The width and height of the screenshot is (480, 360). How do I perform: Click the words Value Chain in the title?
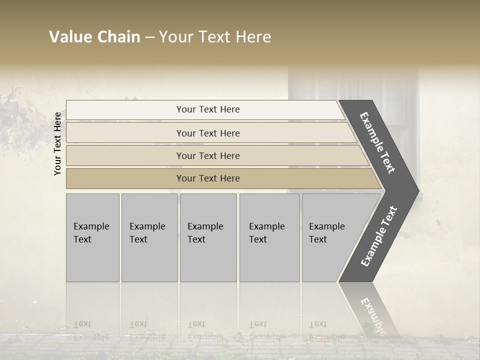94,37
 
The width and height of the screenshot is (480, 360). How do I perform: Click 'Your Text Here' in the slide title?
215,37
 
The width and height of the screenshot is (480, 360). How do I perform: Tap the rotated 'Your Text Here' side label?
57,143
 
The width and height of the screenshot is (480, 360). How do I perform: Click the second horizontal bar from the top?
208,133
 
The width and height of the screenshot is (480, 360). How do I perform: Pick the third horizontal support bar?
208,155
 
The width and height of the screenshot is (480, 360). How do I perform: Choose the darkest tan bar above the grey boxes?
208,178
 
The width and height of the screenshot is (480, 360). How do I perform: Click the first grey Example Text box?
92,237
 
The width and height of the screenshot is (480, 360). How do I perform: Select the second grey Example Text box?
149,237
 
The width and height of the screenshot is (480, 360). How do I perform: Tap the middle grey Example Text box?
208,237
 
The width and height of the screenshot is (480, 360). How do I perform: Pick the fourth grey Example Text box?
269,237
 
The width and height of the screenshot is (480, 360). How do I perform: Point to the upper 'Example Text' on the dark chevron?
377,142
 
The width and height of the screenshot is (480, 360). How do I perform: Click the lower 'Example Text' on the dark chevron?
379,236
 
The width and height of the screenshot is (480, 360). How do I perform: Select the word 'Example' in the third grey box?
205,226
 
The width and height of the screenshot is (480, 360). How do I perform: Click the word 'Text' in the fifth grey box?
318,239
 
